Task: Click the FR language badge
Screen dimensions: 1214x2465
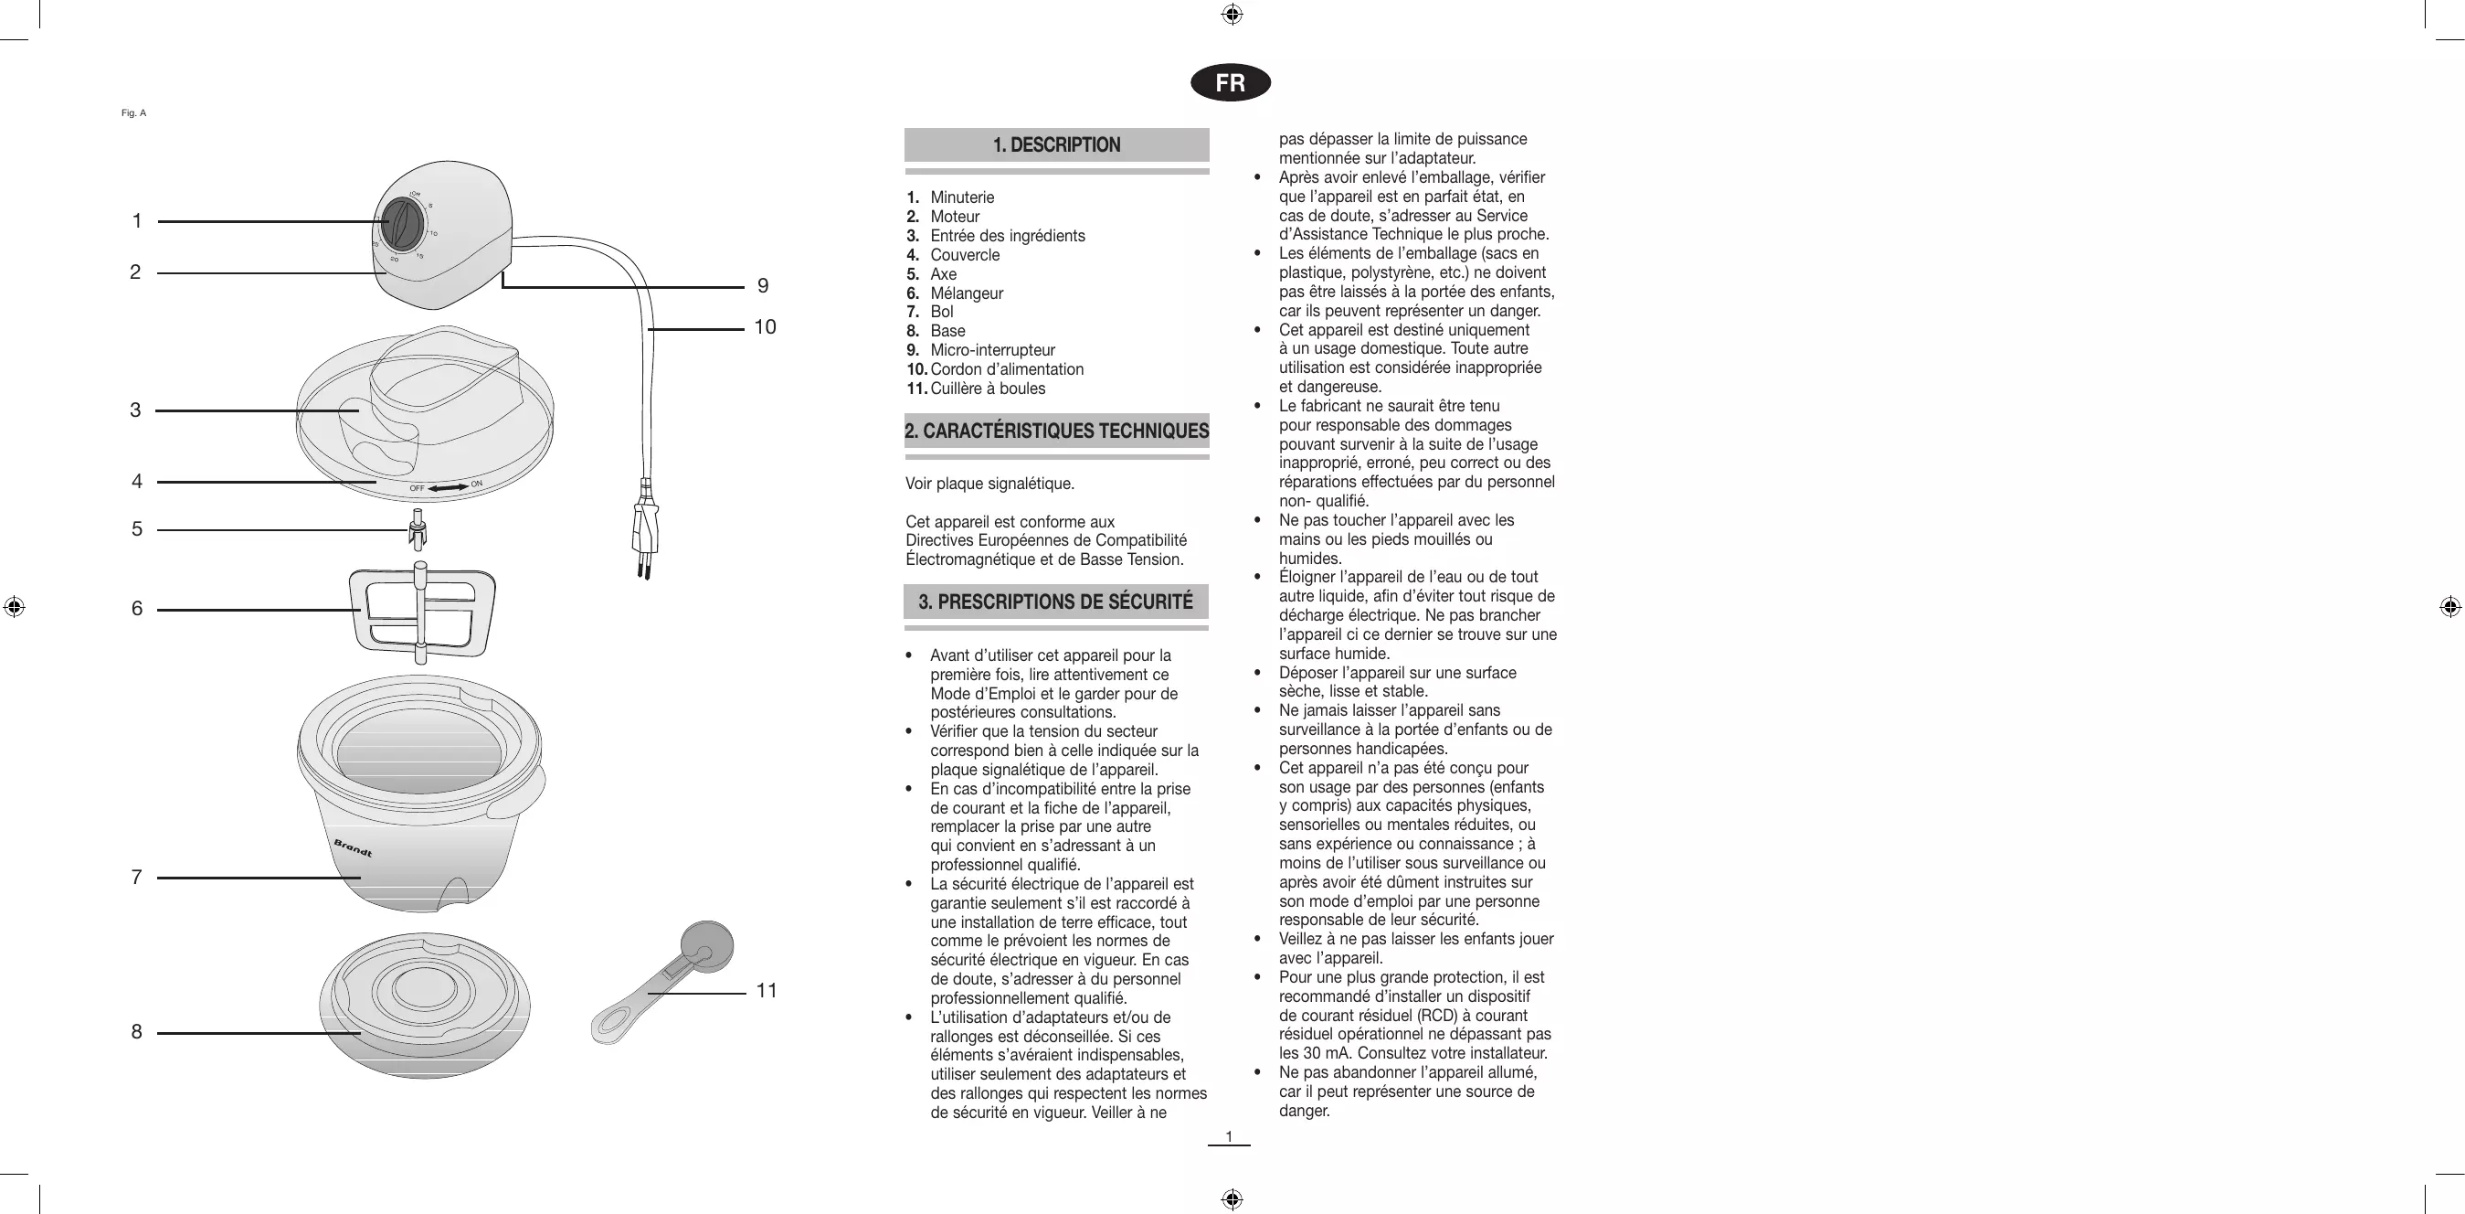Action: tap(1230, 83)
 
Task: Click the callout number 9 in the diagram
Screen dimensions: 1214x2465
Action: tap(763, 286)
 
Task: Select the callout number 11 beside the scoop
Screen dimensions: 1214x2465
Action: tap(767, 991)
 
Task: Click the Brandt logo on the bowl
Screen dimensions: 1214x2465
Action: tap(352, 848)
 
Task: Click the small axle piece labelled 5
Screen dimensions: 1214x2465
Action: tap(418, 529)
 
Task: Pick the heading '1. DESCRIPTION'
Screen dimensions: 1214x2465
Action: tap(1056, 145)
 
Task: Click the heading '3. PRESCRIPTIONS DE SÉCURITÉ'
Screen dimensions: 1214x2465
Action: tap(1055, 602)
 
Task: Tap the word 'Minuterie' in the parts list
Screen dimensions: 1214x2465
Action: tap(962, 197)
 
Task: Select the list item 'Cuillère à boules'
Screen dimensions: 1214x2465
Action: tap(988, 389)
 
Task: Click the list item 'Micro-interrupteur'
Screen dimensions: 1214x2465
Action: tap(992, 350)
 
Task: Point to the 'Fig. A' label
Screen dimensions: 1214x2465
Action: tap(134, 113)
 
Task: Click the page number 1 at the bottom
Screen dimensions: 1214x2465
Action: tap(1229, 1136)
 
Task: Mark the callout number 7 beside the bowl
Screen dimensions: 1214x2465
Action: tap(137, 877)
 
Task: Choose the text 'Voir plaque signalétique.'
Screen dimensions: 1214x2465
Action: tap(989, 484)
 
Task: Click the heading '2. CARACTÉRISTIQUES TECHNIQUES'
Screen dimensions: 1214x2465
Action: tap(1056, 431)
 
